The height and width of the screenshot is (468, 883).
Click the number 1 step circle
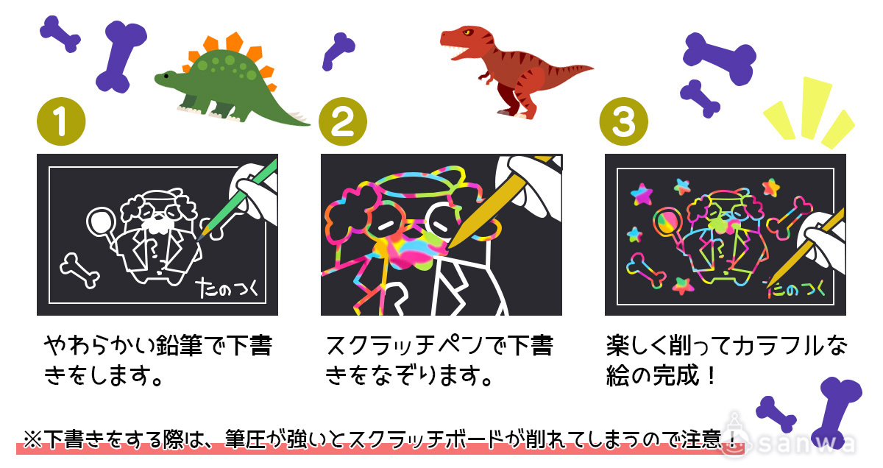pos(61,121)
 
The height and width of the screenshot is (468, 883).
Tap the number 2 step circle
pos(343,121)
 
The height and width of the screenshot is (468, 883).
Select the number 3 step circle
pos(624,121)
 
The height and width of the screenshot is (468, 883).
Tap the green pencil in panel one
pos(236,199)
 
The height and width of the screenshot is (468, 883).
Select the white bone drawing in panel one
pos(79,270)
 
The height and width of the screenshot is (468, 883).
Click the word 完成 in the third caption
pos(675,375)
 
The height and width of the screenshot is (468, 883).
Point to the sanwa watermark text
pos(807,443)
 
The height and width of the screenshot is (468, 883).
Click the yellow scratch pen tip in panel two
pos(451,244)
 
